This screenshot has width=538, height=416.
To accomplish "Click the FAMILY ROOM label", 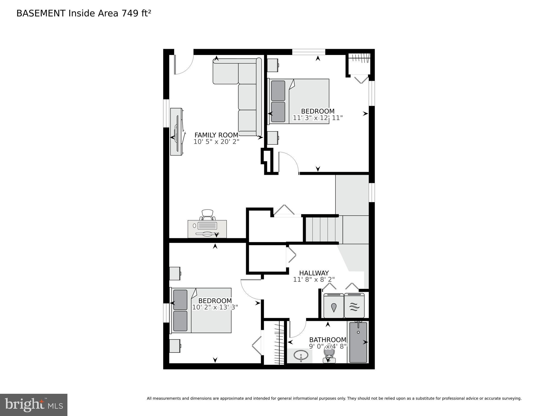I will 216,135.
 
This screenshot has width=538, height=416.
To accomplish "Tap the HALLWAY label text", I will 314,273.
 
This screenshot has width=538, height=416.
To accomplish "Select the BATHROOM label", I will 328,340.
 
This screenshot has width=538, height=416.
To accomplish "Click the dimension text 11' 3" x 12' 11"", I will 318,118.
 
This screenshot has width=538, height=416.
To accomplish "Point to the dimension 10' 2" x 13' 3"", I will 215,307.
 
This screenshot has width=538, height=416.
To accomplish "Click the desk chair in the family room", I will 207,215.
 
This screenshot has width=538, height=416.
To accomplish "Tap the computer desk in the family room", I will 207,229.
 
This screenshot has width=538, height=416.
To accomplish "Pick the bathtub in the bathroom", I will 358,342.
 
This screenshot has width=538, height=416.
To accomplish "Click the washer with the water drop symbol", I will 334,306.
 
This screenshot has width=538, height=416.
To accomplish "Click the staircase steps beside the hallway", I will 322,229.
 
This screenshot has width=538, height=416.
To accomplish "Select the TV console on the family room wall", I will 176,132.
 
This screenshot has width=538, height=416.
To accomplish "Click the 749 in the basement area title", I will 130,13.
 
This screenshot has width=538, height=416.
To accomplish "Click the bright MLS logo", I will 34,405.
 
